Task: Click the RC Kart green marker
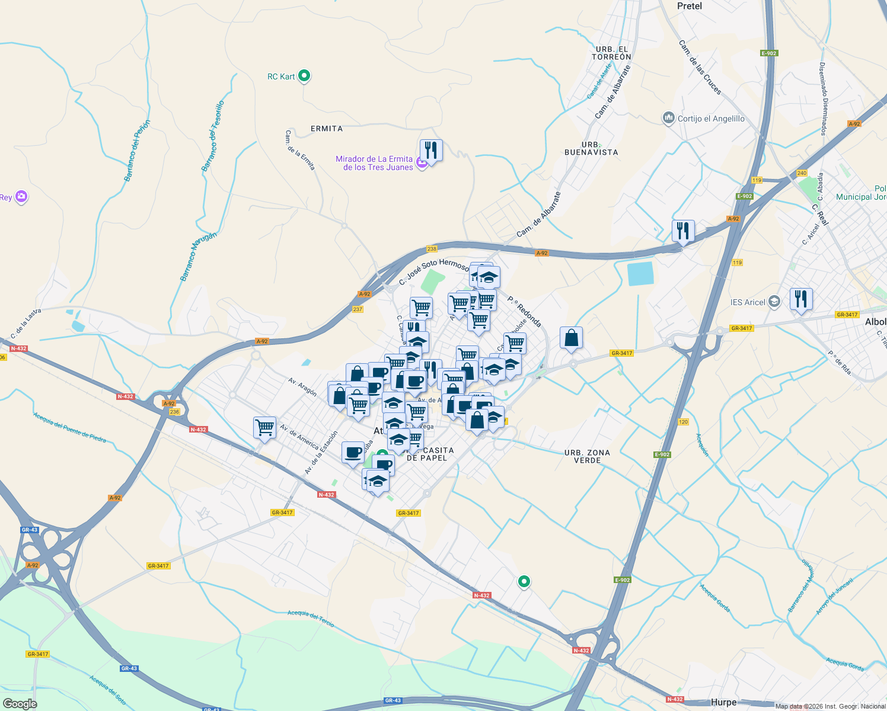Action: [304, 76]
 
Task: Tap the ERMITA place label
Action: [327, 129]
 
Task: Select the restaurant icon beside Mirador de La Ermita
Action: [431, 150]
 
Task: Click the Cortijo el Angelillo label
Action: [711, 118]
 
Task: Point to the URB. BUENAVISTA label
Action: [591, 148]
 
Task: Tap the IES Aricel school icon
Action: [774, 302]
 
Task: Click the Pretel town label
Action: [689, 6]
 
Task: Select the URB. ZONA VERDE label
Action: [587, 456]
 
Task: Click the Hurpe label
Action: [723, 702]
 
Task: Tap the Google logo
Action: [20, 703]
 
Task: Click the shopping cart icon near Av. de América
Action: [264, 427]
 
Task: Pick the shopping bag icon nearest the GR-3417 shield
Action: [571, 338]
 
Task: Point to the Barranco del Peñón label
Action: [138, 150]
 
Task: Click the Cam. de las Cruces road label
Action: [700, 68]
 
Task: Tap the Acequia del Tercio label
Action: [311, 618]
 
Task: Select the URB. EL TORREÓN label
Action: [611, 53]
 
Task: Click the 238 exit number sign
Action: [432, 249]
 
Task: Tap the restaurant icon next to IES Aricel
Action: [801, 299]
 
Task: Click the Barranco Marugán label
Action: [199, 256]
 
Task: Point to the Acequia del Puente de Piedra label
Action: [70, 427]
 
